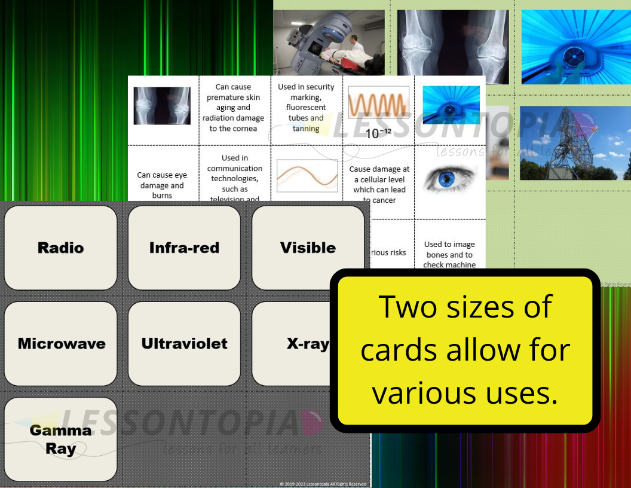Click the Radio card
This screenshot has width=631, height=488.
click(60, 248)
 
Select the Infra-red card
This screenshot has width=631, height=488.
click(184, 248)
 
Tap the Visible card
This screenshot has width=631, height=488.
click(308, 248)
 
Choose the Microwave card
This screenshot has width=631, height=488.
click(61, 343)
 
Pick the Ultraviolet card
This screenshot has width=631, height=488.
click(184, 343)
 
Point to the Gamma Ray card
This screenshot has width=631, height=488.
click(60, 440)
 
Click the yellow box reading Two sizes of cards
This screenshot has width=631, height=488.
click(464, 350)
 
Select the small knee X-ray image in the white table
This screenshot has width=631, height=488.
click(162, 106)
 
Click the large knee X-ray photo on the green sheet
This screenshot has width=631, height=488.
click(453, 46)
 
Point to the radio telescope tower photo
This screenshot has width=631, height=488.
click(575, 143)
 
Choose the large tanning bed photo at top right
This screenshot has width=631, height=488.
click(575, 46)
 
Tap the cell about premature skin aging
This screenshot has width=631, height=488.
click(234, 108)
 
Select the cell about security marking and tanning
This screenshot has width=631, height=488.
click(306, 108)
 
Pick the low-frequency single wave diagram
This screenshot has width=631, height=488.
click(307, 175)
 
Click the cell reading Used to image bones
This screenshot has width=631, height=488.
click(449, 254)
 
